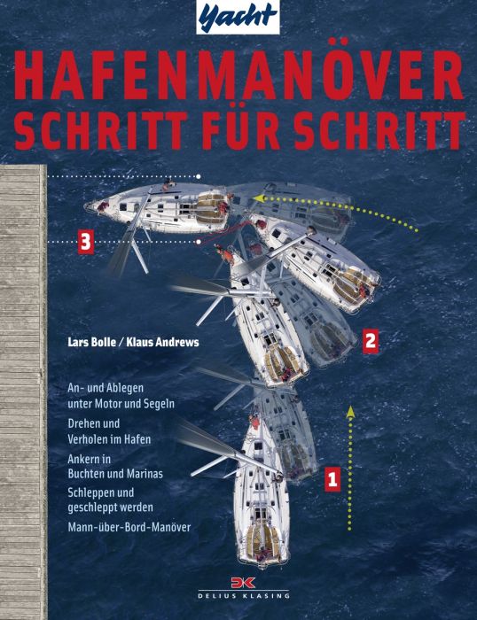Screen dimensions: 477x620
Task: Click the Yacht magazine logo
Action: click(x=238, y=17)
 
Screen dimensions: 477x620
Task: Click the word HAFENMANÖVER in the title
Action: click(x=238, y=75)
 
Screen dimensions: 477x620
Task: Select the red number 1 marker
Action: click(x=332, y=479)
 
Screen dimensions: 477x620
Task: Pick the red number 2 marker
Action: click(x=371, y=340)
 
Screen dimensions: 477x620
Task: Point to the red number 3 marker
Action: click(x=86, y=242)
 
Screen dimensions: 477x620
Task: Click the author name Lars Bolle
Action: click(x=90, y=342)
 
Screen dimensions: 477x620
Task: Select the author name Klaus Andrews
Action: click(x=162, y=342)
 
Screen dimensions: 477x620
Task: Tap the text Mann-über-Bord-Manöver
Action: click(x=129, y=527)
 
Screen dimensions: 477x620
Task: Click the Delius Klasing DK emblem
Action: click(x=244, y=583)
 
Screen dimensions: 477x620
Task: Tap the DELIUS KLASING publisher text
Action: click(x=244, y=595)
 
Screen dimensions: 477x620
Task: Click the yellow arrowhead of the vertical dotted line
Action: click(x=350, y=411)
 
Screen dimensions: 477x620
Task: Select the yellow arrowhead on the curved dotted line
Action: click(x=259, y=198)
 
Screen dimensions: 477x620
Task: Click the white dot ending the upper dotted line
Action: click(x=199, y=176)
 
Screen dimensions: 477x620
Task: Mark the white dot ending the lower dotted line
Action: click(x=199, y=242)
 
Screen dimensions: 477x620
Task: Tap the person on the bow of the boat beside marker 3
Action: click(x=104, y=206)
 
